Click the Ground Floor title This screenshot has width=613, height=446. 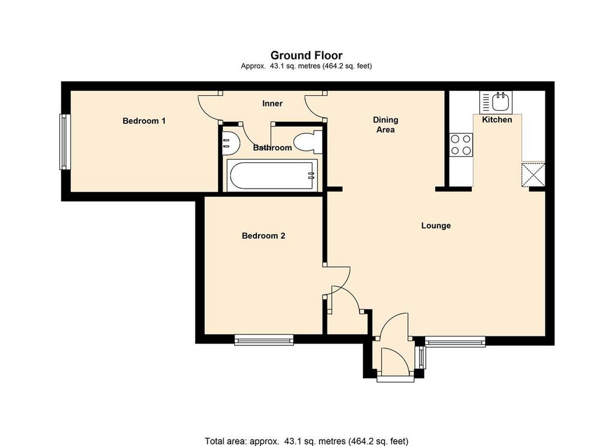pyautogui.click(x=306, y=56)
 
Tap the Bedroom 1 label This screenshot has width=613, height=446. pyautogui.click(x=144, y=121)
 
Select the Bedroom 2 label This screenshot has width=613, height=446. pyautogui.click(x=263, y=236)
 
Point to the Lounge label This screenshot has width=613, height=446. pyautogui.click(x=436, y=226)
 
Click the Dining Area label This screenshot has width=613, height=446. pyautogui.click(x=386, y=125)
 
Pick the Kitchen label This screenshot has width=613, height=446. pyautogui.click(x=497, y=120)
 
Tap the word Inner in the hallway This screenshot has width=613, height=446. pyautogui.click(x=272, y=104)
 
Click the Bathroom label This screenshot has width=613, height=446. pyautogui.click(x=272, y=148)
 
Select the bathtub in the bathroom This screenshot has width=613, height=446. pyautogui.click(x=272, y=175)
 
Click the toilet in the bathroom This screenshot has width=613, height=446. pyautogui.click(x=307, y=142)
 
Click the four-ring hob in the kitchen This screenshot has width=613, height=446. pyautogui.click(x=461, y=145)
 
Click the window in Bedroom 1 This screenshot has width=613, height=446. pyautogui.click(x=65, y=141)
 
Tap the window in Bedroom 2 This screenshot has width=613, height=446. pyautogui.click(x=264, y=339)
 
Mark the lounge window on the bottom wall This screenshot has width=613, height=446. pyautogui.click(x=455, y=342)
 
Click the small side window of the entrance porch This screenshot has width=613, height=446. pyautogui.click(x=421, y=357)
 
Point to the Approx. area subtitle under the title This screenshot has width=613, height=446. pyautogui.click(x=306, y=66)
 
